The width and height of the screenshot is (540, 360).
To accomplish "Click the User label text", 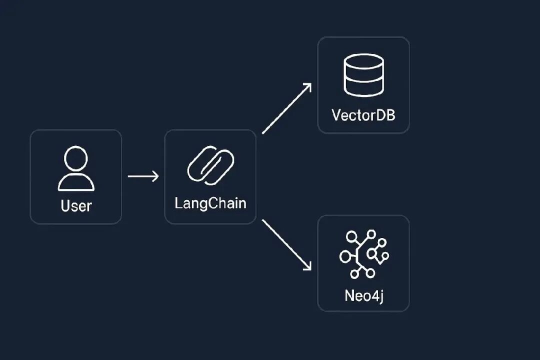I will point(76,205).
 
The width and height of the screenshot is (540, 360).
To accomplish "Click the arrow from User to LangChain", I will point(143,176).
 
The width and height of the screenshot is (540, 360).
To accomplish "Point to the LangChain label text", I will point(210,203).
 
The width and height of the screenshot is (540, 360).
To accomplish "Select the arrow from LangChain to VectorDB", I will point(286,108).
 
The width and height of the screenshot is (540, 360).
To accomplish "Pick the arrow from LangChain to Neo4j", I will point(286,245).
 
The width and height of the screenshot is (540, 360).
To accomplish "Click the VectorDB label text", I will point(363,115).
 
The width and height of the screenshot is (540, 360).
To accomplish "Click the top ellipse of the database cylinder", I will point(363,61).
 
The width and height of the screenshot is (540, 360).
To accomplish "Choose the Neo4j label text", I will point(363,295).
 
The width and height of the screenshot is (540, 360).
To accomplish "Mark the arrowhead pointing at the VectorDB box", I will point(307,87).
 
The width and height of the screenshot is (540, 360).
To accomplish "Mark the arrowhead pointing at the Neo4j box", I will point(307,266).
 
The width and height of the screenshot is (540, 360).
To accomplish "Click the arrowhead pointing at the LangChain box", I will point(155,176).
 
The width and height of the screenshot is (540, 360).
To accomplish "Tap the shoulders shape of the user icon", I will point(76,182).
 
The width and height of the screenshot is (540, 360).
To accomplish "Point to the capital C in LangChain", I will point(209,203).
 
